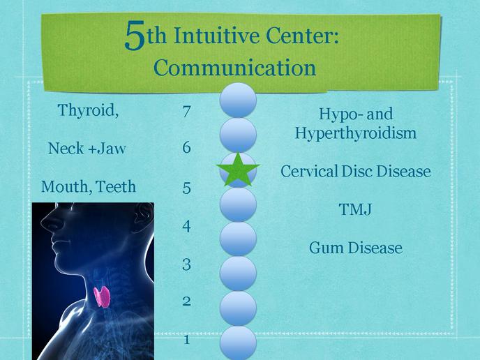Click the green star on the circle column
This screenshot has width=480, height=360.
(x=238, y=170)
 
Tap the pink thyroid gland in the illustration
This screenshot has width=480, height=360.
(x=102, y=297)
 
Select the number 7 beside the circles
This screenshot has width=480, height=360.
(x=187, y=112)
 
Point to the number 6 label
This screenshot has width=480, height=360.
(x=187, y=147)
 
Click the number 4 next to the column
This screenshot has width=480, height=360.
(x=186, y=226)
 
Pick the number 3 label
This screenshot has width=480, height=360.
(x=186, y=264)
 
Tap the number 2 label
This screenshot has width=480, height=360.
(x=186, y=301)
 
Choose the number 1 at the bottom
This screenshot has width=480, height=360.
(x=187, y=340)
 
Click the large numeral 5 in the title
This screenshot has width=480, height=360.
(x=135, y=35)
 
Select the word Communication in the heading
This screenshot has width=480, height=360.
(x=235, y=68)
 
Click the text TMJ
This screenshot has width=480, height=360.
(x=355, y=209)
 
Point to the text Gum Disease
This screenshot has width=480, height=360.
(x=355, y=248)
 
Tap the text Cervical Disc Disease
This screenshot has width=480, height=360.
(x=355, y=171)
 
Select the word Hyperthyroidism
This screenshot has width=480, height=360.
(x=355, y=133)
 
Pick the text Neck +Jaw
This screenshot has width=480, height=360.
(x=87, y=149)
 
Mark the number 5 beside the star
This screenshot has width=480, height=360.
(x=187, y=188)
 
